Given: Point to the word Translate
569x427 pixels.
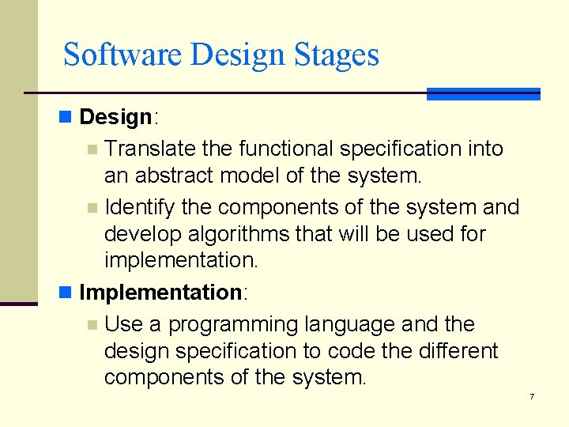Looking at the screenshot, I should (x=149, y=148).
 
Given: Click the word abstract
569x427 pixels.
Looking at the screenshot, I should (x=178, y=176).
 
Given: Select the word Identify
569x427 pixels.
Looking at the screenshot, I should (x=139, y=207).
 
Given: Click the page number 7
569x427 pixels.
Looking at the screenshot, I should (x=532, y=396).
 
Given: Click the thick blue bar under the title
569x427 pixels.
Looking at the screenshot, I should (x=483, y=93).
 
